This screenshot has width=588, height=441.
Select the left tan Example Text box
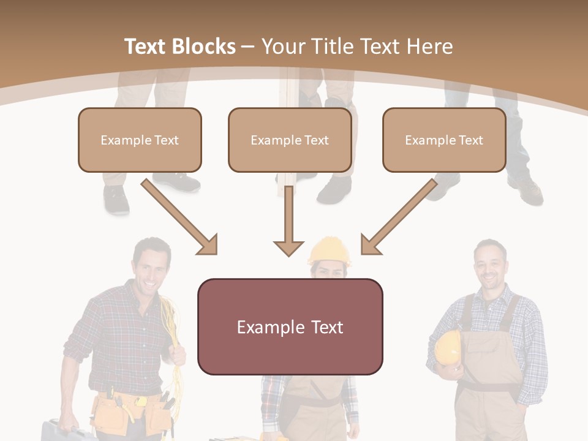140,140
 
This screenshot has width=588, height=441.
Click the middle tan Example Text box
290,140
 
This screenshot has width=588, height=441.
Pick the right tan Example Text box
444,140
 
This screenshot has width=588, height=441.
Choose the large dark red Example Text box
290,326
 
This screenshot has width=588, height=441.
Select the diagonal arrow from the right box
398,217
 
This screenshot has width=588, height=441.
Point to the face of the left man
151,265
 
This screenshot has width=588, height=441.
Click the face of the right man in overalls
490,267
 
